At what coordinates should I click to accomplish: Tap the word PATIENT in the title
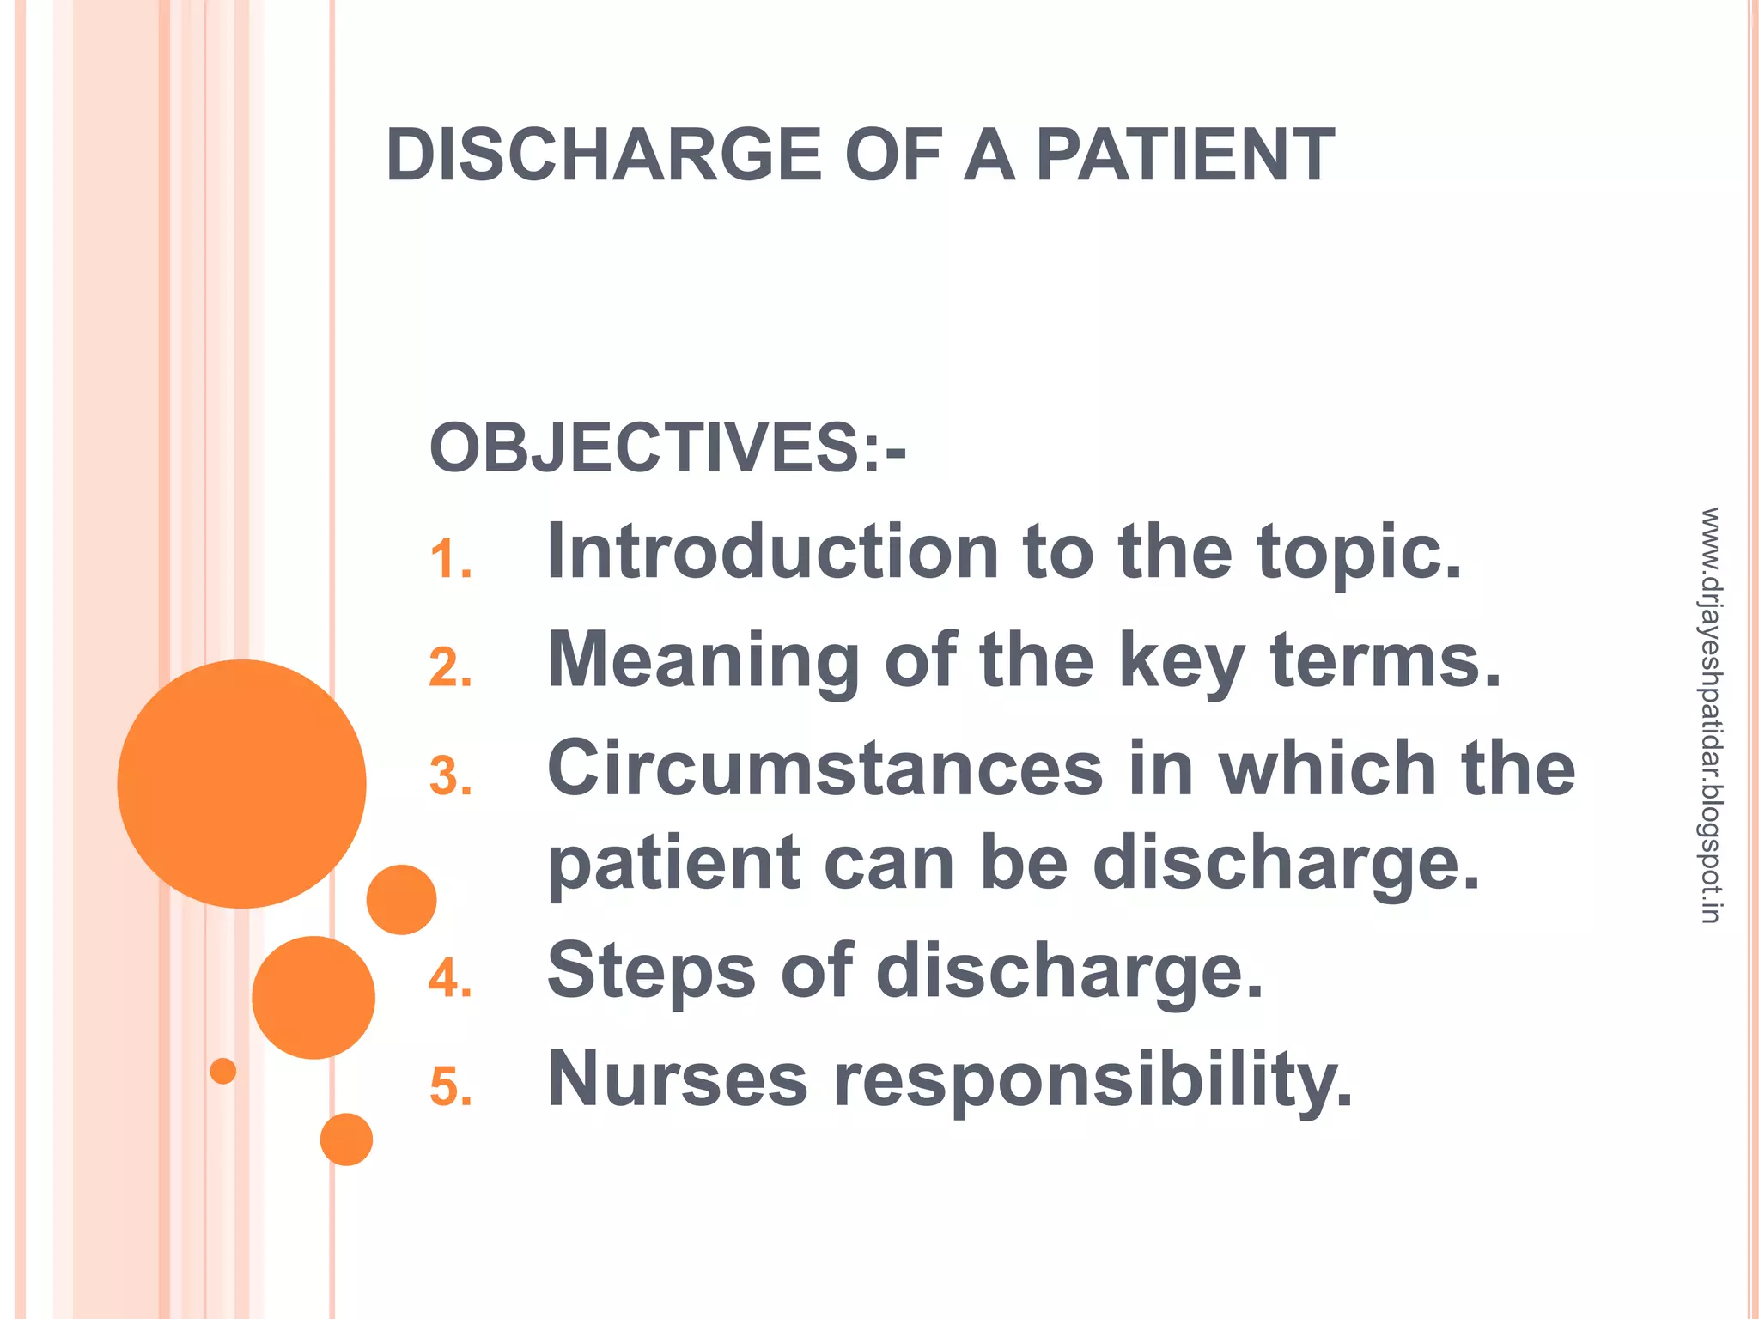(1185, 155)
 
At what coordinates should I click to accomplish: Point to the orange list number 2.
(450, 668)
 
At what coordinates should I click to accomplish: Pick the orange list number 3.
(450, 776)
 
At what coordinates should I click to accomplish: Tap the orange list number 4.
(450, 978)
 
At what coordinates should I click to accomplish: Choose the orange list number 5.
(450, 1086)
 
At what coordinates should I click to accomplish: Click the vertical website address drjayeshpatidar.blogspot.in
(1710, 715)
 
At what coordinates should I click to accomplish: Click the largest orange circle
(242, 783)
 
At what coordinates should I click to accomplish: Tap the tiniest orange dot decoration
(223, 1071)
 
